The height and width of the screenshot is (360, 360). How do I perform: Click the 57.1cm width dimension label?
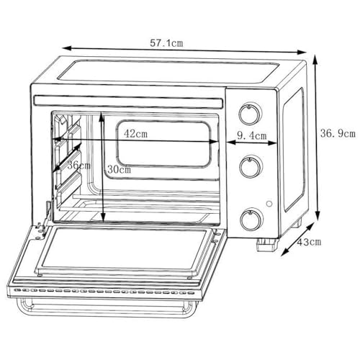click(x=166, y=43)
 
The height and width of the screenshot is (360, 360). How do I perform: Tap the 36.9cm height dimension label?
click(x=338, y=134)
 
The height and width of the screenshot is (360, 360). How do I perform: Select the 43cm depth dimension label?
click(x=309, y=242)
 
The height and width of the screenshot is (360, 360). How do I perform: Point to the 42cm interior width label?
click(x=135, y=134)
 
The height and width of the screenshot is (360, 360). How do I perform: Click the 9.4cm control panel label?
click(x=252, y=136)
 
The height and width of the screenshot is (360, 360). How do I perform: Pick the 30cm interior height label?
click(x=119, y=170)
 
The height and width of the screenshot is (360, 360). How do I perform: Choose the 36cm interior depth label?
click(x=79, y=166)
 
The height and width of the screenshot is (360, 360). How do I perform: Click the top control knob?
click(x=251, y=114)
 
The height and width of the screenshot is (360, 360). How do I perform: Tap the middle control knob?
click(x=251, y=166)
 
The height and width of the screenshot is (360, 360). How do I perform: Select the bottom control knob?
click(x=251, y=219)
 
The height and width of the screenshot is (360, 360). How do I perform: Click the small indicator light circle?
click(x=269, y=204)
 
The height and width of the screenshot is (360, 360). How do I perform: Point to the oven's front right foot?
click(x=267, y=244)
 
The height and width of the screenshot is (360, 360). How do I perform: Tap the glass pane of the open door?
click(x=125, y=250)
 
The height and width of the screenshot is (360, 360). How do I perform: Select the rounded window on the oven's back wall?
click(x=163, y=143)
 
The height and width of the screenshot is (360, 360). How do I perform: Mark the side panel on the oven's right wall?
click(x=294, y=150)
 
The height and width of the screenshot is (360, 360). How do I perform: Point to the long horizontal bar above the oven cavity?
click(x=129, y=102)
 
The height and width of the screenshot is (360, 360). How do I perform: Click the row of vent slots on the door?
click(x=104, y=292)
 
